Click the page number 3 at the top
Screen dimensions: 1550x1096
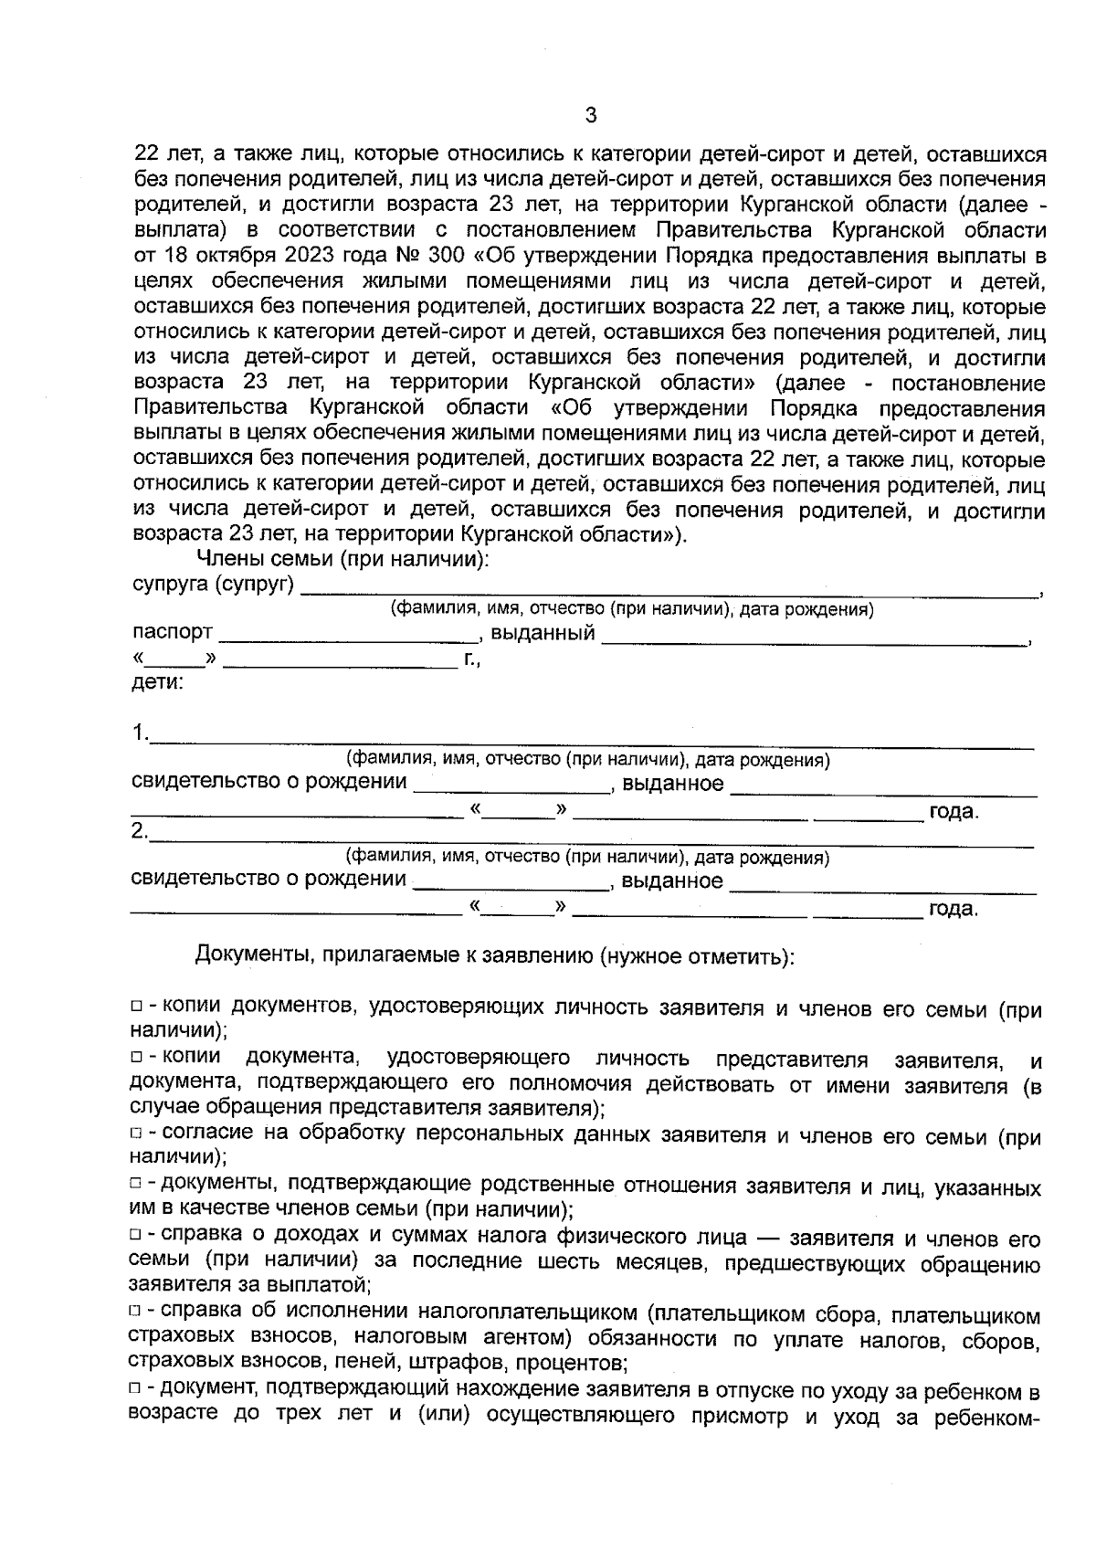coord(590,116)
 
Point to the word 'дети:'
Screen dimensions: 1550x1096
coord(158,682)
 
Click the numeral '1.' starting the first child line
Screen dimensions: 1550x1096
coord(140,733)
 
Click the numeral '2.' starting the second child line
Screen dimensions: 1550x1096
coord(140,832)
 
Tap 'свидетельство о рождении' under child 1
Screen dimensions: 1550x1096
coord(269,783)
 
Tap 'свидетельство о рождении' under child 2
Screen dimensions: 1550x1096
coord(269,880)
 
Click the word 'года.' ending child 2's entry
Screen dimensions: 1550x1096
coord(953,910)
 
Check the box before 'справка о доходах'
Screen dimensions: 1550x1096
coord(136,1236)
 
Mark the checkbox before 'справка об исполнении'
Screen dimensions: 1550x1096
coord(136,1312)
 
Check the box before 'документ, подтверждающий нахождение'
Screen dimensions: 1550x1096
coord(136,1388)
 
